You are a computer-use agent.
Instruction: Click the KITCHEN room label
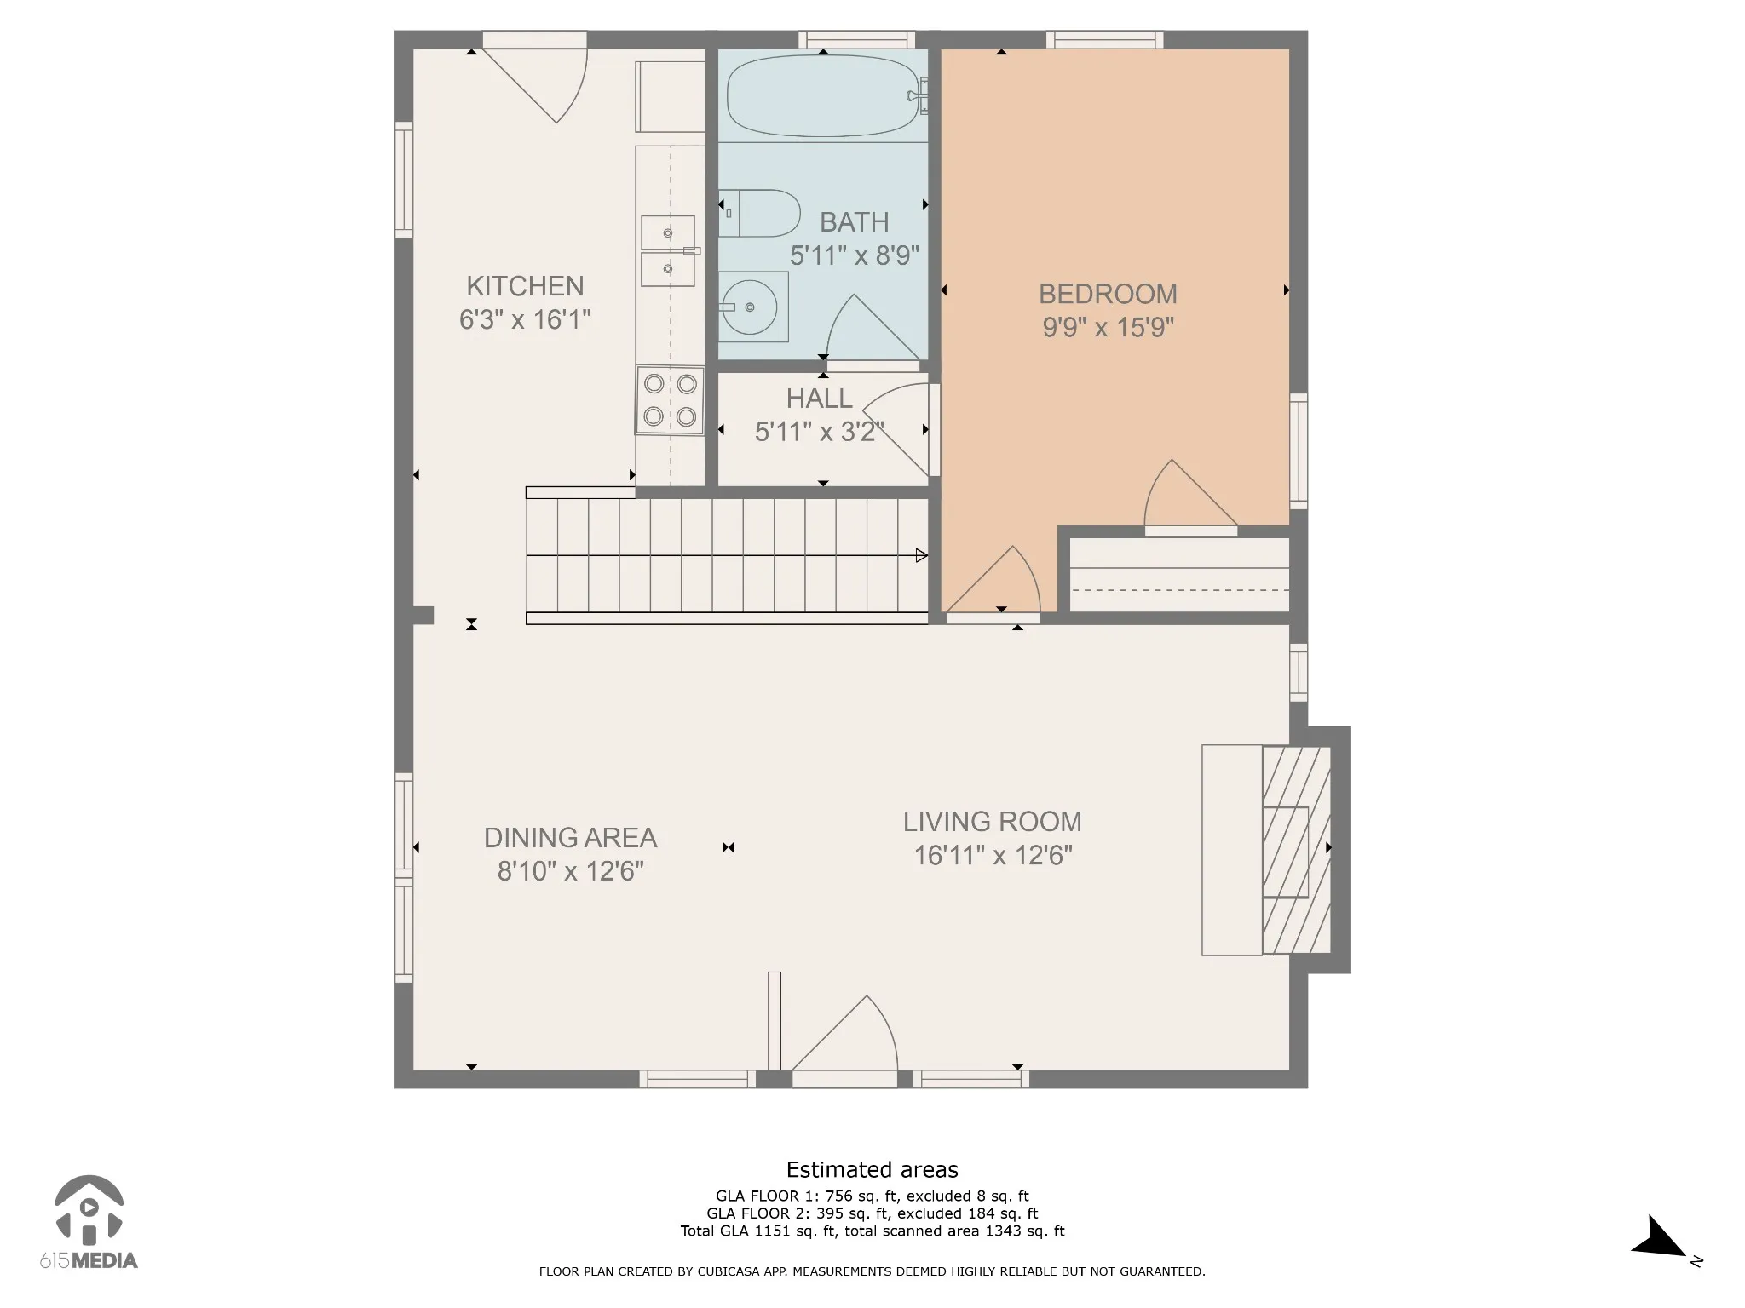(525, 286)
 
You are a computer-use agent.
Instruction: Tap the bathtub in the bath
(823, 95)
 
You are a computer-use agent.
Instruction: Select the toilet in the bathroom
(759, 213)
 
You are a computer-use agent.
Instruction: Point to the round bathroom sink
(749, 307)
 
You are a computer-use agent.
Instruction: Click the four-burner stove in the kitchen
(670, 400)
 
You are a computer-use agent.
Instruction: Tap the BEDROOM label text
(1108, 294)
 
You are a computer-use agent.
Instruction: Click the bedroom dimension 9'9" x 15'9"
(1108, 327)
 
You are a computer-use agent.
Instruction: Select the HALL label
(819, 399)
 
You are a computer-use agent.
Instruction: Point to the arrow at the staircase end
(921, 556)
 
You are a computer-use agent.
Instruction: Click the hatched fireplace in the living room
(1296, 850)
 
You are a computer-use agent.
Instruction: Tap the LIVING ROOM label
(993, 822)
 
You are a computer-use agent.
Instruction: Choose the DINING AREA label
(570, 838)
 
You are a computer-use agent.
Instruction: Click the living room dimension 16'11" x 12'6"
(993, 855)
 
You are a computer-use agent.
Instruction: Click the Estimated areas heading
(872, 1169)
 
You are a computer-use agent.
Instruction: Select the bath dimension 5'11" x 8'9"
(855, 255)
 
